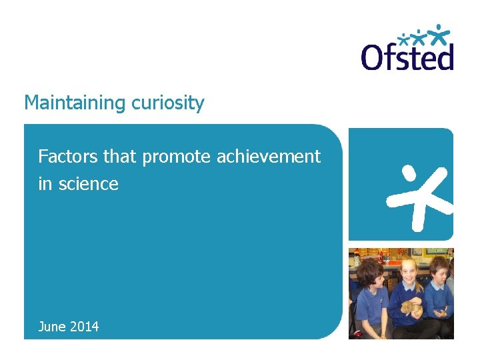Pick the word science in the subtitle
[x=88, y=184]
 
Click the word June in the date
[x=53, y=327]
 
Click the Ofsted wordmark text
[x=407, y=57]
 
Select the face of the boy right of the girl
[x=438, y=272]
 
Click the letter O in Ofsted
[x=374, y=57]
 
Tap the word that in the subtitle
[x=120, y=157]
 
